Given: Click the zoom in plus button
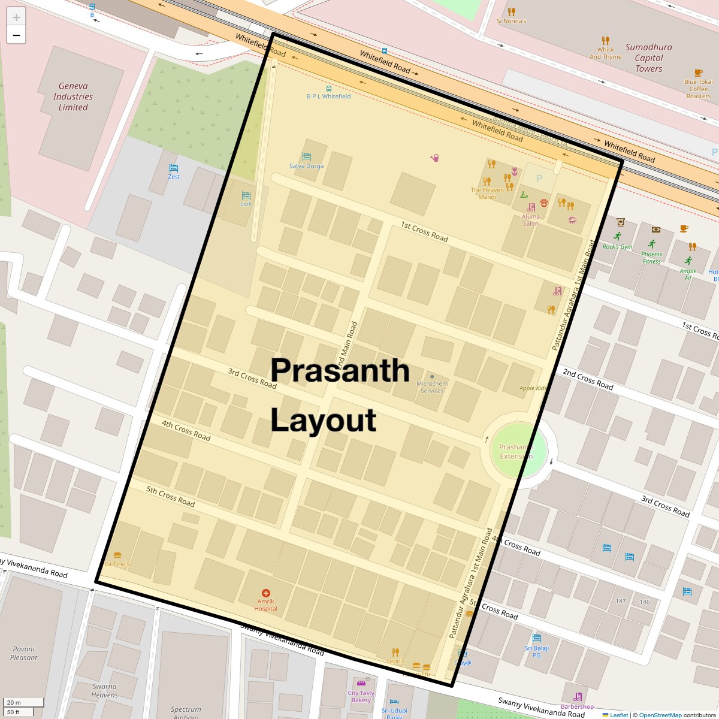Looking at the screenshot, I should pos(16,17).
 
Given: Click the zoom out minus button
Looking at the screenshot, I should pos(16,35).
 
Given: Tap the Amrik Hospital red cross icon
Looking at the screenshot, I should pos(266,593).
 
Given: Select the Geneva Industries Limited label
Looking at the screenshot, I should pos(72,96).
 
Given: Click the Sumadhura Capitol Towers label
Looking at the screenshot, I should pos(648,58).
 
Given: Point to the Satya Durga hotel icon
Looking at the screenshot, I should pos(307,157).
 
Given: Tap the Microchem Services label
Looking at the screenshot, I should pos(431,387).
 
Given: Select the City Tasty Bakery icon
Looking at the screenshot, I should pos(361,684).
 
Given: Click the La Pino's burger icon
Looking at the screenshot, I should pos(117,555).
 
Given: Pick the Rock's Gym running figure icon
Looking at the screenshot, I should pos(618,237).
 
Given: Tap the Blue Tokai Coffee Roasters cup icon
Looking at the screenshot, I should pos(698,72).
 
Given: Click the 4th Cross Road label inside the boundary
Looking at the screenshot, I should pos(186,430).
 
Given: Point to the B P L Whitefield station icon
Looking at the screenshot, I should pos(328,88).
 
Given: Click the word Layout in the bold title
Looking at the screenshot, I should pos(324,421).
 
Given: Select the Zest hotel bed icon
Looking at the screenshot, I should pos(174,168).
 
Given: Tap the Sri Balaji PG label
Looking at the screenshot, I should pos(536,651).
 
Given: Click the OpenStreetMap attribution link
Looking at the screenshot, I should pos(660,715).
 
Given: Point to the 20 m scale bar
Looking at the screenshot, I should pos(24,702).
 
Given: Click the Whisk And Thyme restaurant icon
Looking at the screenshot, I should pos(605,41).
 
